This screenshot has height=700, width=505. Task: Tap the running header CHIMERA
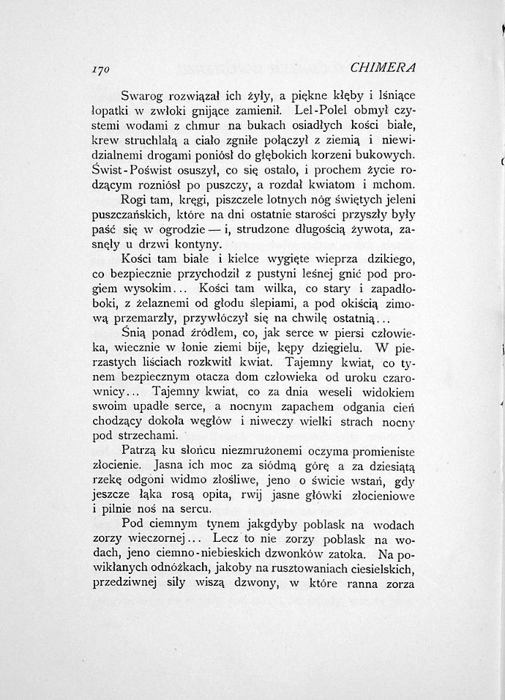(x=383, y=67)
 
